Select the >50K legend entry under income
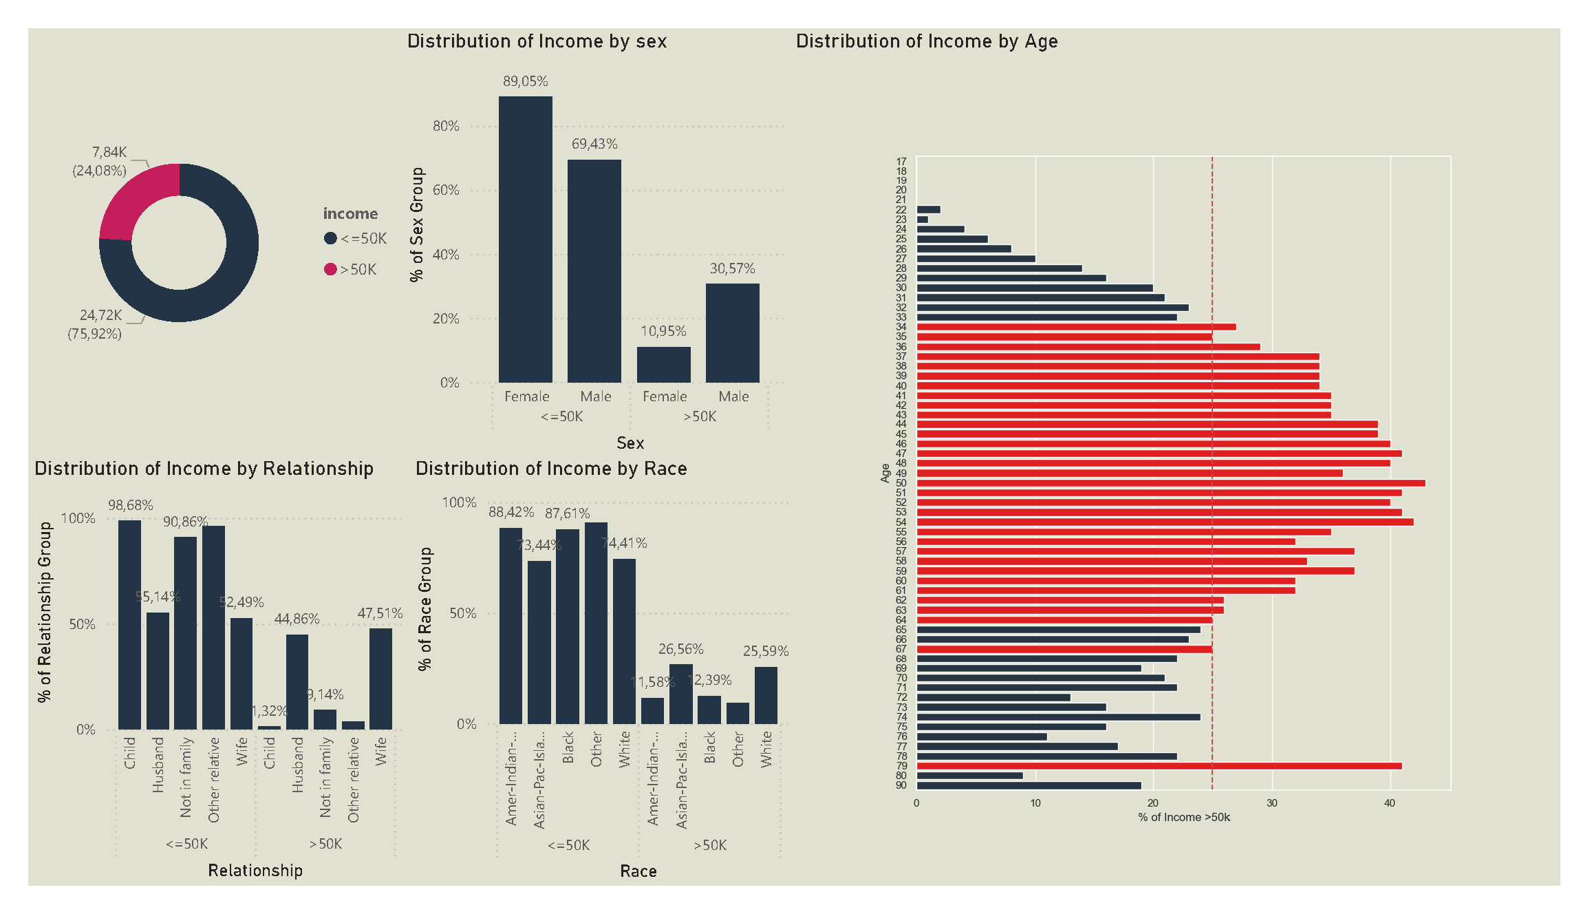[x=351, y=269]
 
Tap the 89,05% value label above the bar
[x=525, y=81]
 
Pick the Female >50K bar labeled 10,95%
[x=663, y=365]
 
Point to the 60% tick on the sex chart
[x=446, y=190]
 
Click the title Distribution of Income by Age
[x=926, y=41]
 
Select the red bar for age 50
[x=1170, y=483]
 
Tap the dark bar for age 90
[x=1029, y=785]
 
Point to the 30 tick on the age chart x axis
[x=1271, y=803]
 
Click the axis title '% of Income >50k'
[x=1183, y=818]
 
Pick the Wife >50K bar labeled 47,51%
[x=380, y=679]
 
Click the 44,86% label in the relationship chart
[x=297, y=619]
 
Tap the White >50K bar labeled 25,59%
[x=766, y=695]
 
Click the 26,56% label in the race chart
[x=680, y=649]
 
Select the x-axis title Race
[x=638, y=871]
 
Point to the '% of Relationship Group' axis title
[x=45, y=612]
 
